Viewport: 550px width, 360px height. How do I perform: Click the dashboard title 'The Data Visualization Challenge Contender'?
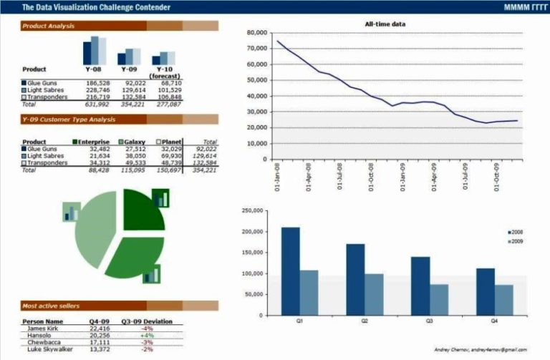pos(96,7)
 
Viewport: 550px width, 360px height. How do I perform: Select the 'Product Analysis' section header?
pos(48,26)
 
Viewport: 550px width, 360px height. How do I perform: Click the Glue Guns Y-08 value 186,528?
pos(97,83)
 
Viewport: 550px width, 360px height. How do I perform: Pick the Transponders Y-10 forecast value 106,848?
pos(169,97)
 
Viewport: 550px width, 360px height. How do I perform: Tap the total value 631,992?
pos(97,104)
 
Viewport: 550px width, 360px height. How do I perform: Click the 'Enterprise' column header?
pos(93,142)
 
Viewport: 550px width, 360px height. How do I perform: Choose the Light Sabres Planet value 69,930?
pos(170,155)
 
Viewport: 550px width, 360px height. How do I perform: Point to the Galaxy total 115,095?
pos(134,170)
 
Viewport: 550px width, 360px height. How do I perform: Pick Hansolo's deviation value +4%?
pos(148,335)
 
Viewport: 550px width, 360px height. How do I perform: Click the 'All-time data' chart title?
pos(385,24)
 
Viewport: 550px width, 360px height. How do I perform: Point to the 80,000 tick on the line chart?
pos(256,33)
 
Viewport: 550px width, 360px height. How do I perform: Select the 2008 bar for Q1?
pos(290,271)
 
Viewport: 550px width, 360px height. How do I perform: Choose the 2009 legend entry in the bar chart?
pos(516,242)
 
